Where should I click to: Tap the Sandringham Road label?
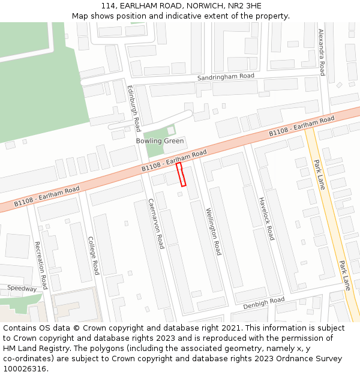226,77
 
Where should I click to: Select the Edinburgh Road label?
133,108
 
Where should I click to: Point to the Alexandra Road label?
322,52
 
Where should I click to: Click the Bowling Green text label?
160,141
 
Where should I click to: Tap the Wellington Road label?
214,231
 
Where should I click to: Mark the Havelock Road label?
266,218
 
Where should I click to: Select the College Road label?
93,254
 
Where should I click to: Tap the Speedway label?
22,289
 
